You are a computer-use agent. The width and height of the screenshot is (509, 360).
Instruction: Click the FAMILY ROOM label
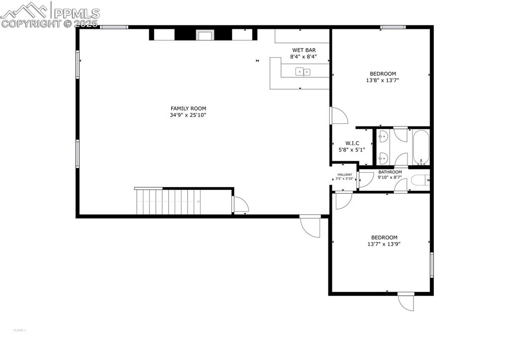(188, 109)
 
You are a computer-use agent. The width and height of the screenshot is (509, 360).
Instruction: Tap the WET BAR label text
(304, 50)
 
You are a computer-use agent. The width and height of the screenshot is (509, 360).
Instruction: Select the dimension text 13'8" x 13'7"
(383, 80)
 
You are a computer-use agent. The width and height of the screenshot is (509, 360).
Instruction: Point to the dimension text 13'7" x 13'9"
(384, 244)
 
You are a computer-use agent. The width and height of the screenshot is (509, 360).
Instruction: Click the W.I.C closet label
(352, 143)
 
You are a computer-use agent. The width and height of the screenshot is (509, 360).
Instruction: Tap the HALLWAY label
(344, 174)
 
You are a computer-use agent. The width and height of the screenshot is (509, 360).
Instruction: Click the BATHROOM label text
(390, 172)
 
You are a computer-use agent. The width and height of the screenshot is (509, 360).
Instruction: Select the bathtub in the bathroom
(420, 147)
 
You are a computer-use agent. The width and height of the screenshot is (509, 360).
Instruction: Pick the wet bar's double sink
(303, 72)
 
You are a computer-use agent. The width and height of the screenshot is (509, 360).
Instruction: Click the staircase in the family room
(168, 201)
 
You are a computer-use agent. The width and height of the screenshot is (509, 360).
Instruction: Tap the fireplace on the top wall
(204, 35)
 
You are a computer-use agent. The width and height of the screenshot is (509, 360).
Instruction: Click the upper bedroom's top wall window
(393, 27)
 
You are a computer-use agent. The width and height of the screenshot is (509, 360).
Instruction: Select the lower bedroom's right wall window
(431, 264)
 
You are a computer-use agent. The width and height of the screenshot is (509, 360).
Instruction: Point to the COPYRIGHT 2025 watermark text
(50, 23)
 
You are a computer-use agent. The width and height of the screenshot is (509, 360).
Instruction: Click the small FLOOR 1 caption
(19, 330)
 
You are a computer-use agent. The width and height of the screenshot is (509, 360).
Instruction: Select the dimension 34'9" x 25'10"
(188, 115)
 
